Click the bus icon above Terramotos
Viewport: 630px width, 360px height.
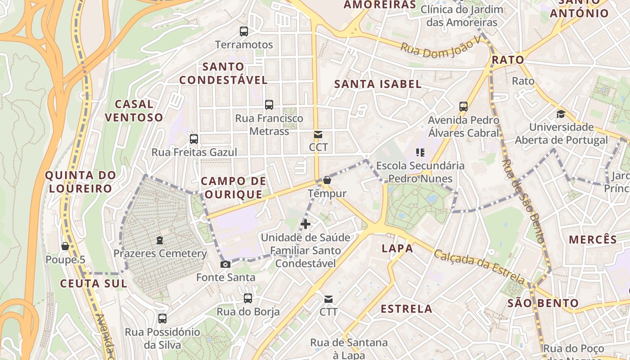[x=244, y=31]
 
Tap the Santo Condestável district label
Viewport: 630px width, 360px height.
[x=224, y=73]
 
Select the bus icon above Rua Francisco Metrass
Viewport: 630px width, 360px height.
[x=269, y=105]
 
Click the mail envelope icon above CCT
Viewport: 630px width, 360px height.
[x=318, y=134]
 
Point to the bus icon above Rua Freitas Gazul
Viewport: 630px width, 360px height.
[x=194, y=139]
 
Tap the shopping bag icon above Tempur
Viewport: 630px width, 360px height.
[x=327, y=180]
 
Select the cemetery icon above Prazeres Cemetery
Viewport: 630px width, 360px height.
[x=160, y=240]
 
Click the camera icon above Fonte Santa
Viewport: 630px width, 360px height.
[x=225, y=264]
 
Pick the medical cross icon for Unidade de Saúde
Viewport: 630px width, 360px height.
[x=306, y=224]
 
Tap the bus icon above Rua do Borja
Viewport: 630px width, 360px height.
[x=248, y=298]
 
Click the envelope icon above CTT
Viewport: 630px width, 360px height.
[x=328, y=299]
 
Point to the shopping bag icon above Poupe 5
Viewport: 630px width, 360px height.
[x=65, y=246]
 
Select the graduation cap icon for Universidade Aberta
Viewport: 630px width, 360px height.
[x=561, y=114]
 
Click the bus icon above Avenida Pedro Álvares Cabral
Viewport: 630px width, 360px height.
[x=463, y=107]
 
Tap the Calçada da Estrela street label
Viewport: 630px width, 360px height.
[x=480, y=267]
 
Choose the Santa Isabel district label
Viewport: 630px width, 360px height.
[x=378, y=84]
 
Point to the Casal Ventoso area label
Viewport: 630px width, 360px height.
[x=134, y=111]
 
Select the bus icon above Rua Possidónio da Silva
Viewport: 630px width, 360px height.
[x=162, y=319]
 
